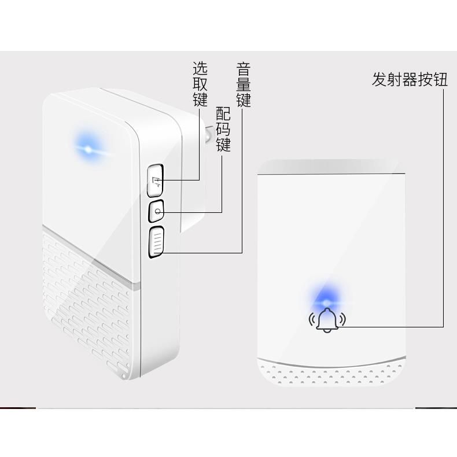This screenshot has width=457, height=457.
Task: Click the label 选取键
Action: [200, 84]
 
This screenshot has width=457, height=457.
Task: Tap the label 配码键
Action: [223, 129]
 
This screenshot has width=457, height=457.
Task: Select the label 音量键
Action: [244, 85]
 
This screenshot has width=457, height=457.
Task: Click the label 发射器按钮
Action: [410, 79]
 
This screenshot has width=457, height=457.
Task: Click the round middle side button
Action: [157, 212]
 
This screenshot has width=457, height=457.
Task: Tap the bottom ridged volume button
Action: [157, 242]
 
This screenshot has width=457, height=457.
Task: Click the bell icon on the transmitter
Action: [327, 319]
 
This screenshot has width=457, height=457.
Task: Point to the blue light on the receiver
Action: [88, 148]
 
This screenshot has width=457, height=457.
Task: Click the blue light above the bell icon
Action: [326, 301]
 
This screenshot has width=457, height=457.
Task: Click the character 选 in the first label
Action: [200, 69]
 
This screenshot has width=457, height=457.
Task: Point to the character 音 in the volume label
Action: [244, 69]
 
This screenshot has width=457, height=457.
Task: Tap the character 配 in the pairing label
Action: [223, 113]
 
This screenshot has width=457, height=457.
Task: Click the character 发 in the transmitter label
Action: [379, 79]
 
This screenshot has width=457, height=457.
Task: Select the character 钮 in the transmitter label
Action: [441, 79]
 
